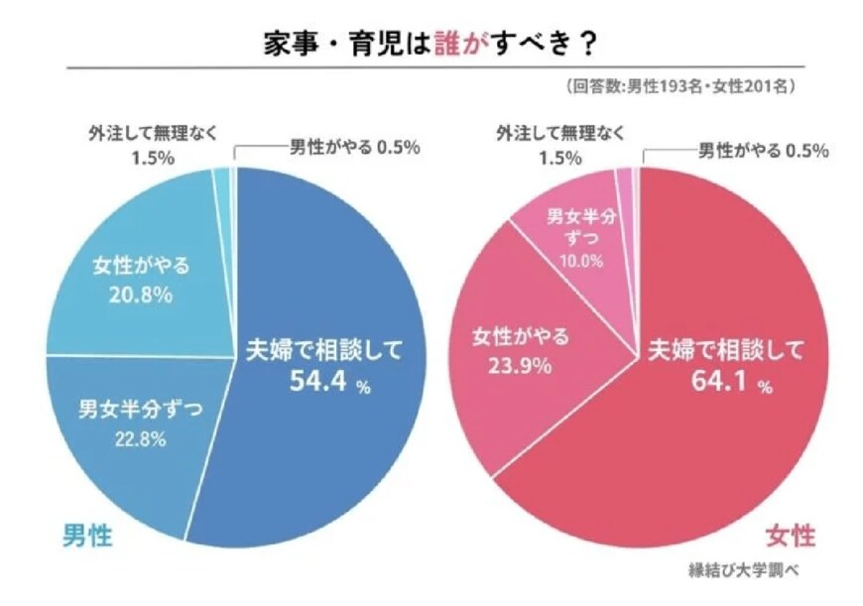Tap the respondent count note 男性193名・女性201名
pos(683,87)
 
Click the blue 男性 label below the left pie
pos(87,537)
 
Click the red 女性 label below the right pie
pos(790,537)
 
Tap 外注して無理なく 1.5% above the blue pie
pos(150,143)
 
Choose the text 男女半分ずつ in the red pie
pos(582,228)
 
